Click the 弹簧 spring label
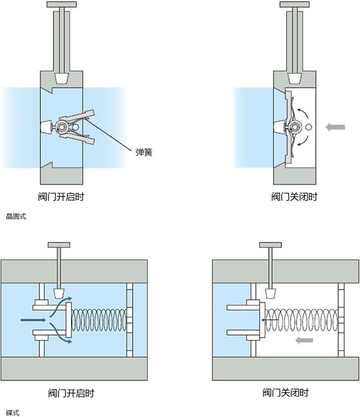point(144,152)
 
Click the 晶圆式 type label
point(16,217)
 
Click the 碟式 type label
point(13,413)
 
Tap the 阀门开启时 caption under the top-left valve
point(61,197)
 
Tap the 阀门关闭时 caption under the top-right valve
point(294,197)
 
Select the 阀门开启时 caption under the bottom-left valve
point(71,393)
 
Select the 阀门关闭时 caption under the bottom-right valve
point(286,392)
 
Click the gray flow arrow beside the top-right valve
point(335,127)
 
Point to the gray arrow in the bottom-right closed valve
point(304,340)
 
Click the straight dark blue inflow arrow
point(33,319)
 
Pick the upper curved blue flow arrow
point(60,306)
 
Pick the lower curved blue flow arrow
point(60,333)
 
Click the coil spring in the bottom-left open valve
point(99,320)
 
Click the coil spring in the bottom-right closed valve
point(302,320)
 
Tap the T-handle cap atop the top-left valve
point(62,4)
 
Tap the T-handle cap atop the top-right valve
point(295,4)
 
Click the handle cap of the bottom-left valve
point(59,244)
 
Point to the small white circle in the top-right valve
point(308,127)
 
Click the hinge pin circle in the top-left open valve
point(62,127)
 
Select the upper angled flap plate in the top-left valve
point(77,116)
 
